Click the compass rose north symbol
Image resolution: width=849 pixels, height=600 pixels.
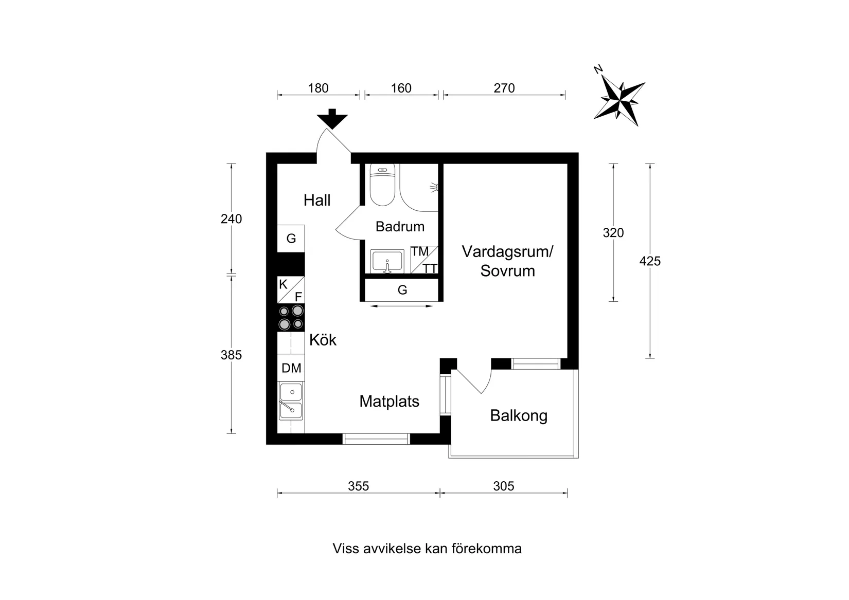point(619,100)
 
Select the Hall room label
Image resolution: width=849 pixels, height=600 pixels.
point(317,200)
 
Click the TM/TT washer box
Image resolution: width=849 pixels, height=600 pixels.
point(424,260)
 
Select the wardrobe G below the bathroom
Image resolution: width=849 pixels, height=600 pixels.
point(402,290)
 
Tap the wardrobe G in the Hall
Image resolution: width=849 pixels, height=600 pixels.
point(291,239)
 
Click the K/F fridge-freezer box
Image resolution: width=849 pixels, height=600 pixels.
point(291,290)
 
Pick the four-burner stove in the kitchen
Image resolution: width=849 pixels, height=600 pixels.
point(291,317)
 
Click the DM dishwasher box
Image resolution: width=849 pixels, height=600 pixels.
point(291,368)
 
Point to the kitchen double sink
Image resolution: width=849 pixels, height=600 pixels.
point(291,401)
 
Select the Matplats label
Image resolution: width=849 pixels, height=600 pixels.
point(389,401)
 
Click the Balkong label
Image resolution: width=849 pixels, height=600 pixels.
point(518,415)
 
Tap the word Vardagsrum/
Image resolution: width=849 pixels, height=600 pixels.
point(507,252)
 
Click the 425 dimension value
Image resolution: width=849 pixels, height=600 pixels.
point(650,261)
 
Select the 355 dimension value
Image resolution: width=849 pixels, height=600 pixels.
point(358,486)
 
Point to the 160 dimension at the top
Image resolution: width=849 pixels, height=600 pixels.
point(401,88)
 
